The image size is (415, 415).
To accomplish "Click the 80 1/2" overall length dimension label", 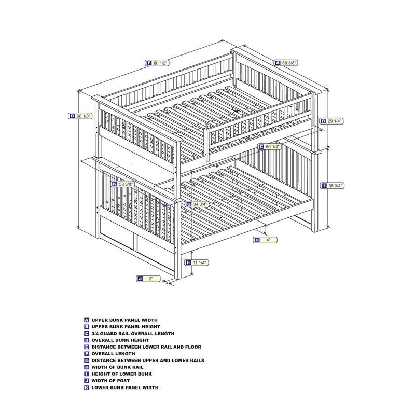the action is click(x=157, y=63).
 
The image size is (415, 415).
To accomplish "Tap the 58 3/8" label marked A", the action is click(x=286, y=63).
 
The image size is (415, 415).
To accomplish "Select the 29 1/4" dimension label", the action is click(x=331, y=121).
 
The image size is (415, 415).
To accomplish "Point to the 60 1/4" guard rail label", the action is click(x=269, y=147).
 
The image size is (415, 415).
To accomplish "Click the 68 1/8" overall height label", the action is click(x=80, y=116).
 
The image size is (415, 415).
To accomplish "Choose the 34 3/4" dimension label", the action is click(x=197, y=204).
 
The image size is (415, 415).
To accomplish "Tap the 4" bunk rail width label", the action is click(x=266, y=240).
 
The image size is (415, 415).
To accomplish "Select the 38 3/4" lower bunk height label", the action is click(x=333, y=186).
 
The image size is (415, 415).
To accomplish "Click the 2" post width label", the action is click(x=148, y=279).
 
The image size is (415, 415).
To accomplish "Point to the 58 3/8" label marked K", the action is click(x=123, y=184).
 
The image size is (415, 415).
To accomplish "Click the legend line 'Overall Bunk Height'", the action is click(x=120, y=340).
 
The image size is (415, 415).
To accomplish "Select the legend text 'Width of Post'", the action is click(x=110, y=381).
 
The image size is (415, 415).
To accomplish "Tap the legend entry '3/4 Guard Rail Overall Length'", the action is click(x=133, y=334).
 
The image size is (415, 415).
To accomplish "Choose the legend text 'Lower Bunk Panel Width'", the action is click(x=125, y=388).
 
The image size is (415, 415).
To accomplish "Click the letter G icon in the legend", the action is click(x=87, y=361).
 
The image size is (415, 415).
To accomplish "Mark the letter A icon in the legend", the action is click(x=87, y=320).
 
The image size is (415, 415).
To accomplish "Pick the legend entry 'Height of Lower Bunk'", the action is click(x=122, y=374).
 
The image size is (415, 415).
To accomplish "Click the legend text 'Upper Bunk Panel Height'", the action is click(x=126, y=327).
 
